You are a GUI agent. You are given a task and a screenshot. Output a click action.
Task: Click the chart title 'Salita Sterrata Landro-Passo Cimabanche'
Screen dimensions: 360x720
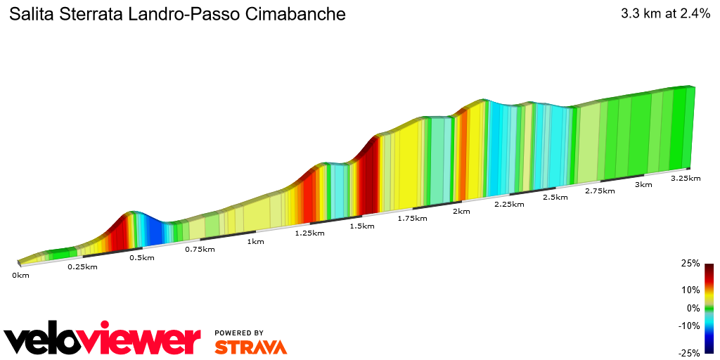(x=176, y=14)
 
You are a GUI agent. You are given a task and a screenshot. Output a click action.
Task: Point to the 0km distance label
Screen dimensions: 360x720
(x=20, y=275)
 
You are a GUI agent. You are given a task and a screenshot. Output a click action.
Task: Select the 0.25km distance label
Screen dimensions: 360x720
(x=82, y=266)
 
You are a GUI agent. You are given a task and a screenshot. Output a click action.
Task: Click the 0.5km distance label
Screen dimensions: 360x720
(x=142, y=257)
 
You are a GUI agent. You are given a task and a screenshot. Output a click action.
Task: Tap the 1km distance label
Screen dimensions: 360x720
(x=255, y=241)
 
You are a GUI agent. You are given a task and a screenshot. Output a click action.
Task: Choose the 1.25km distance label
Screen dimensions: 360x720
(x=309, y=233)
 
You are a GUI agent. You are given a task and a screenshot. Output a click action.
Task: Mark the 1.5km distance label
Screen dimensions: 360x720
(x=361, y=226)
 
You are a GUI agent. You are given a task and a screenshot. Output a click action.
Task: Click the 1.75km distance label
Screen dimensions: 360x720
(x=412, y=218)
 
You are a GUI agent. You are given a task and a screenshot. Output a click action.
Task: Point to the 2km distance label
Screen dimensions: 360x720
(x=461, y=211)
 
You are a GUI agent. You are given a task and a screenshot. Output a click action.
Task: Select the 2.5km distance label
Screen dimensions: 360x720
(x=555, y=197)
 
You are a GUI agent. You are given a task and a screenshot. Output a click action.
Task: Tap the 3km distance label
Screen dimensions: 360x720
(x=643, y=184)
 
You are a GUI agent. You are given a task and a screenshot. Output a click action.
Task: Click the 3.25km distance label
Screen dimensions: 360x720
(x=686, y=178)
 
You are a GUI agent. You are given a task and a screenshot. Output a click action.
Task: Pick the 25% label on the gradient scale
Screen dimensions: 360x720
(x=690, y=264)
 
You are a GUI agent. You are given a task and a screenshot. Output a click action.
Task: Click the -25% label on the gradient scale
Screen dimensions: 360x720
(x=688, y=353)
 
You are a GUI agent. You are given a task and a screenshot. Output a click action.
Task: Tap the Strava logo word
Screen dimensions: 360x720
(x=251, y=347)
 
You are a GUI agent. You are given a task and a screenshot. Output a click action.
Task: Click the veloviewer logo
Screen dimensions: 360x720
(x=103, y=340)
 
